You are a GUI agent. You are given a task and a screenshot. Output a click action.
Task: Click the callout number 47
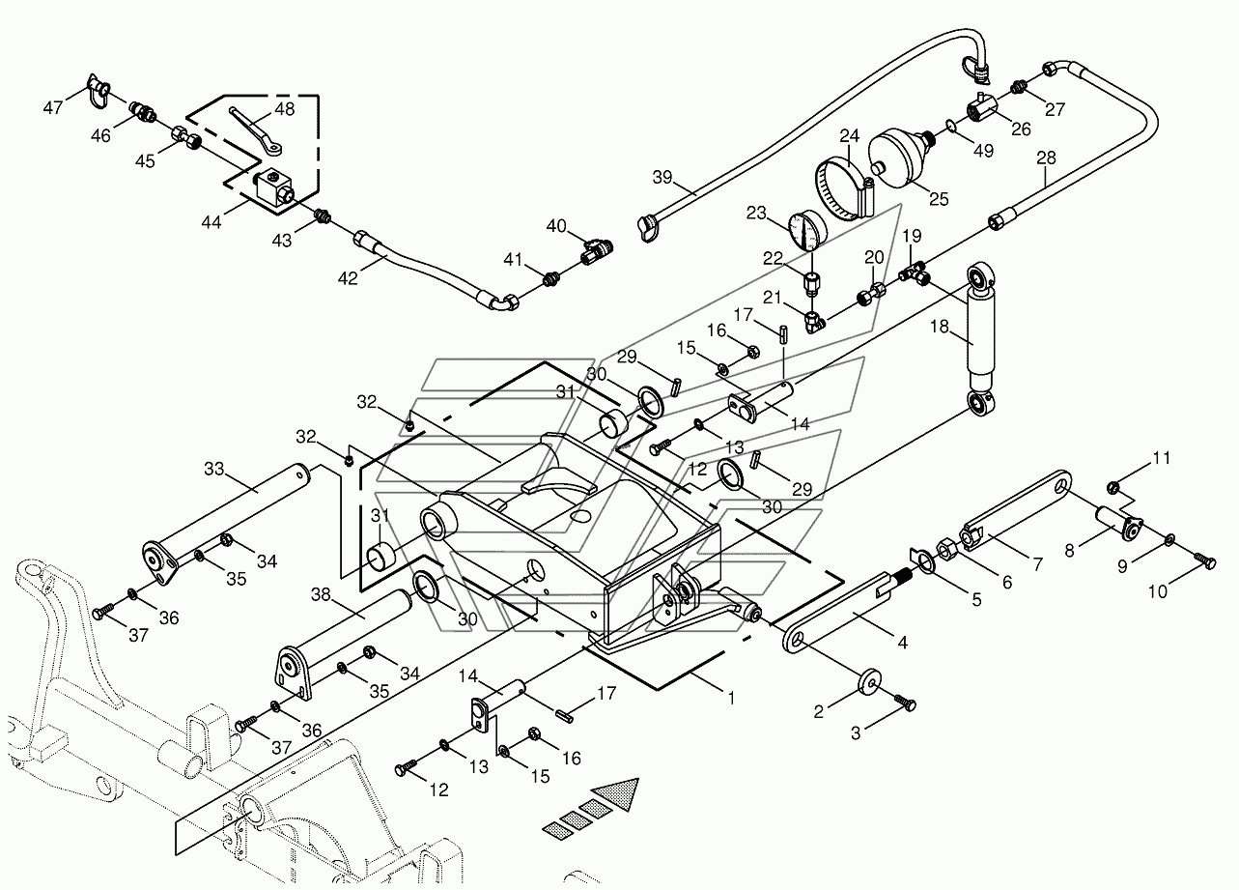coord(52,107)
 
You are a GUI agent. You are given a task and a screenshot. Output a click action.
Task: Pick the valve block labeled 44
coord(274,188)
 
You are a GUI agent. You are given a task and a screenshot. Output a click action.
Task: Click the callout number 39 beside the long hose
coord(662,177)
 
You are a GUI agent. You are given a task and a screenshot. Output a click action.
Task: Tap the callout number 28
coord(1046,158)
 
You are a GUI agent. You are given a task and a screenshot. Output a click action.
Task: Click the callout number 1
coord(731,699)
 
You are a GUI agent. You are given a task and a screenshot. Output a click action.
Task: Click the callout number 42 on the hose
coord(348,278)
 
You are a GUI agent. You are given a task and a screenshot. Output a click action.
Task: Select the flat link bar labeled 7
coord(1017,508)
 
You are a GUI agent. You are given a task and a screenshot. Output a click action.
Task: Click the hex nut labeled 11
coord(1114,488)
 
